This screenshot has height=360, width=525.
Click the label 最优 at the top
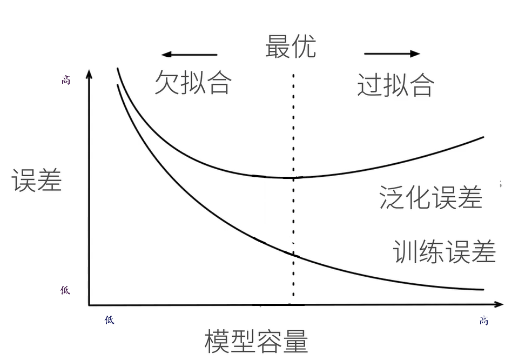point(290,46)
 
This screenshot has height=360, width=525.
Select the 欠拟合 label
point(193,83)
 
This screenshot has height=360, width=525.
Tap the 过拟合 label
point(395,84)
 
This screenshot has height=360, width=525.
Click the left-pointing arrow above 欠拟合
point(189,55)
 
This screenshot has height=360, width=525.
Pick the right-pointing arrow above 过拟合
point(392,54)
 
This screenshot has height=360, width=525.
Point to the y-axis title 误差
point(37,180)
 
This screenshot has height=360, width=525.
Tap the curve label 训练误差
point(445,251)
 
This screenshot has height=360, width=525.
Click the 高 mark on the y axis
point(65,81)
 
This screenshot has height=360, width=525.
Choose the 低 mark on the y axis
point(65,290)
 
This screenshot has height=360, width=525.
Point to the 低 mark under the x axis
point(109,320)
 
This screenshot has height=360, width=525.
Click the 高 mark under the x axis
point(484,321)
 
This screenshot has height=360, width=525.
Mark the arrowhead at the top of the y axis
point(90,72)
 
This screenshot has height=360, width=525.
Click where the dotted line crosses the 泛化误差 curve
point(293,177)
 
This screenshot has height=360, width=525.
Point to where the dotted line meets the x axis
point(293,305)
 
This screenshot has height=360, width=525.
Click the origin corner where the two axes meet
point(90,305)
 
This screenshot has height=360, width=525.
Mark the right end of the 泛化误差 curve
point(483,137)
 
